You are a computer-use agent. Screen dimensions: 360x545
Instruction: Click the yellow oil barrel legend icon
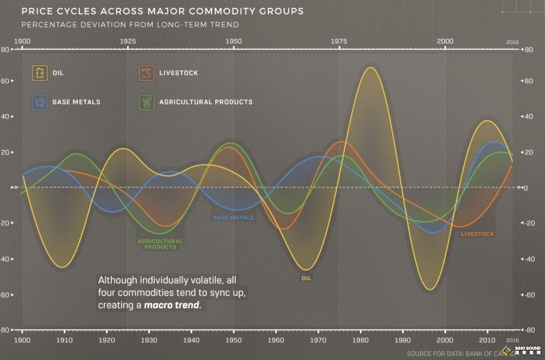tap(39, 73)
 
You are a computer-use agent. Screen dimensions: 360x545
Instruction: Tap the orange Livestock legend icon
tap(146, 73)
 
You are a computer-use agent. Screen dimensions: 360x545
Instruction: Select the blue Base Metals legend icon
tap(39, 102)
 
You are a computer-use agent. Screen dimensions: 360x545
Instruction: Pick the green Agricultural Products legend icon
tap(146, 102)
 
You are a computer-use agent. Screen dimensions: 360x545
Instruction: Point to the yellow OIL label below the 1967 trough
tap(306, 278)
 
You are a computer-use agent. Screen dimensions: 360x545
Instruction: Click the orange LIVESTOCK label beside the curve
tap(478, 234)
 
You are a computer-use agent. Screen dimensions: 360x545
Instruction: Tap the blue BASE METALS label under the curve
tap(234, 217)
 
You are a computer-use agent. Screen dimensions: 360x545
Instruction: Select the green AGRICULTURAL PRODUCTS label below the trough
tap(160, 244)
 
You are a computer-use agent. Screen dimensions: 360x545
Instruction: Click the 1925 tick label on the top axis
tap(128, 41)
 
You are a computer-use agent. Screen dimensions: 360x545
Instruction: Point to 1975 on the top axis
tap(339, 41)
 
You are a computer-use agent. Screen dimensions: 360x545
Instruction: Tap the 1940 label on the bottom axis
tap(191, 340)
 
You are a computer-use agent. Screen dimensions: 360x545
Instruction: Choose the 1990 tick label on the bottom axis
tap(403, 340)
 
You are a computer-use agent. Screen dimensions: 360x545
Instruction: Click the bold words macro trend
tap(172, 305)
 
